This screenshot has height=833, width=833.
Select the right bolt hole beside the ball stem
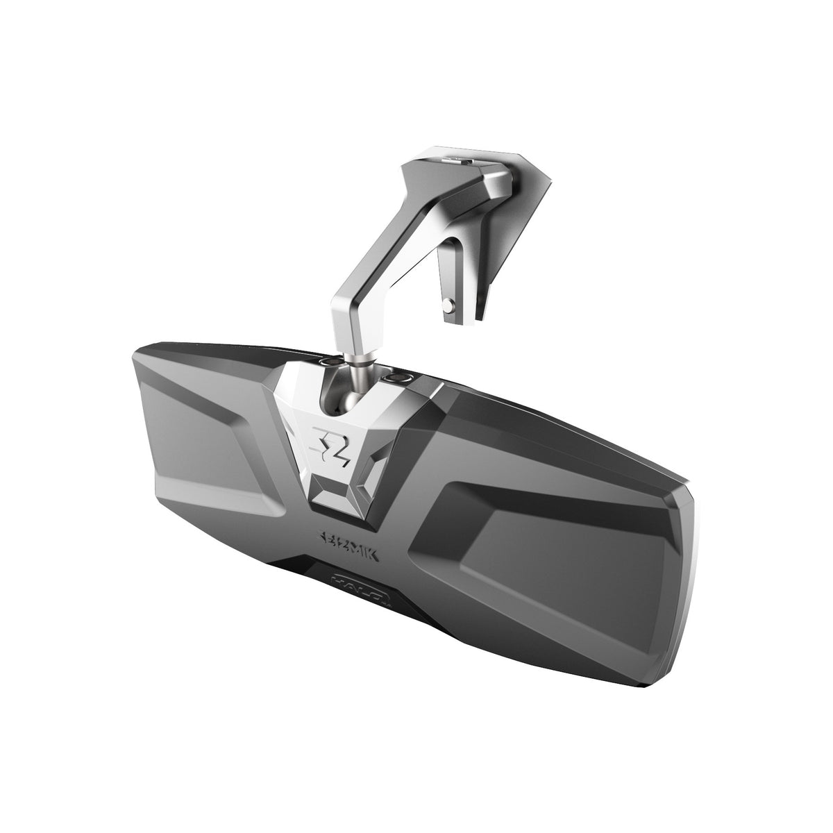pos(400,376)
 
